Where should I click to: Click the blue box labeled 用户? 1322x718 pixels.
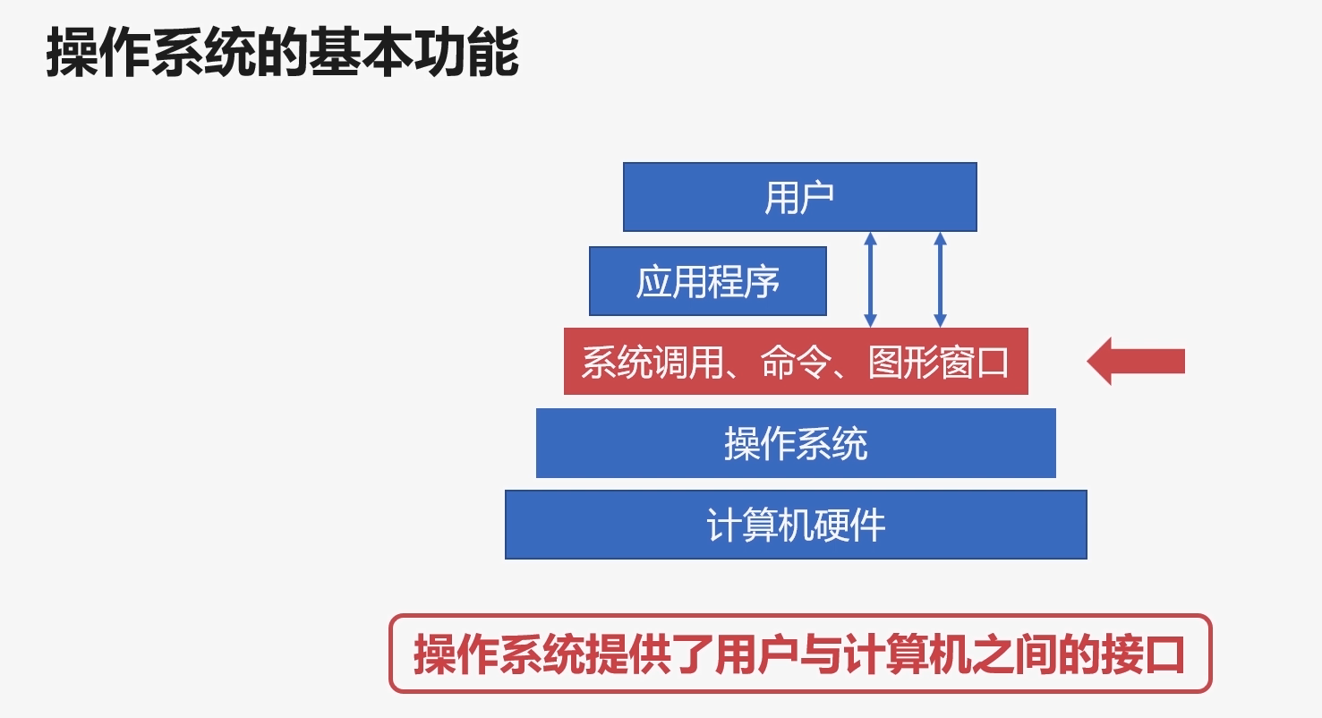[x=799, y=197]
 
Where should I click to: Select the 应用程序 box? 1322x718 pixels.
[x=707, y=281]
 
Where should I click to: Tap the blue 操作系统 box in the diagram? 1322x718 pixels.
[x=796, y=443]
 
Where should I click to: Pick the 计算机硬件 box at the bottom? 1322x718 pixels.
[x=796, y=525]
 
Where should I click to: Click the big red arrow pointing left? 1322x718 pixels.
[x=1136, y=362]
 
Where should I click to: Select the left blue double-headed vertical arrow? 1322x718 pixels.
[x=870, y=279]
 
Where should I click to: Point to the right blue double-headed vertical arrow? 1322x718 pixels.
[x=940, y=279]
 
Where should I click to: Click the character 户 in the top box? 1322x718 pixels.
[x=817, y=197]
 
